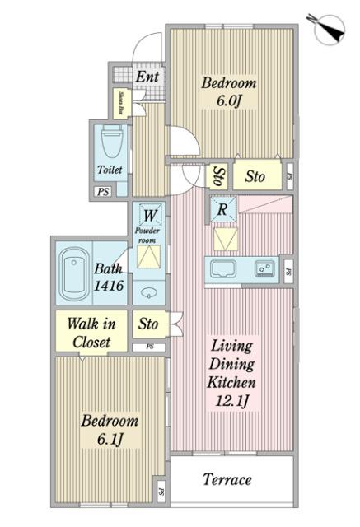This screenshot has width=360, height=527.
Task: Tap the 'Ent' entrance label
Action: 147,77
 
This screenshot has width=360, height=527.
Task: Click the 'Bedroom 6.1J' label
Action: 109,429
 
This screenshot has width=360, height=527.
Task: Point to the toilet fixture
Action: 110,145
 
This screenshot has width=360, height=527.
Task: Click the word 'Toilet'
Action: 110,170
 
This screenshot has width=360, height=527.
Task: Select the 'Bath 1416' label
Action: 107,277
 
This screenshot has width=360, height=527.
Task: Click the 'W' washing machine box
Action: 150,216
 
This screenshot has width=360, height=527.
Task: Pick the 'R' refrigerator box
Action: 222,209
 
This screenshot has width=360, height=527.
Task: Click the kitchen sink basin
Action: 223,269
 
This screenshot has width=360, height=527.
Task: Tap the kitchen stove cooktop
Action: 264,268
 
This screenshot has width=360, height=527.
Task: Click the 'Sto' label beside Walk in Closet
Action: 148,324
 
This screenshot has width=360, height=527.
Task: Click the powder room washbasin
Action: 148,292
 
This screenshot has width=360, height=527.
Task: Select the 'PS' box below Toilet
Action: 103,192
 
